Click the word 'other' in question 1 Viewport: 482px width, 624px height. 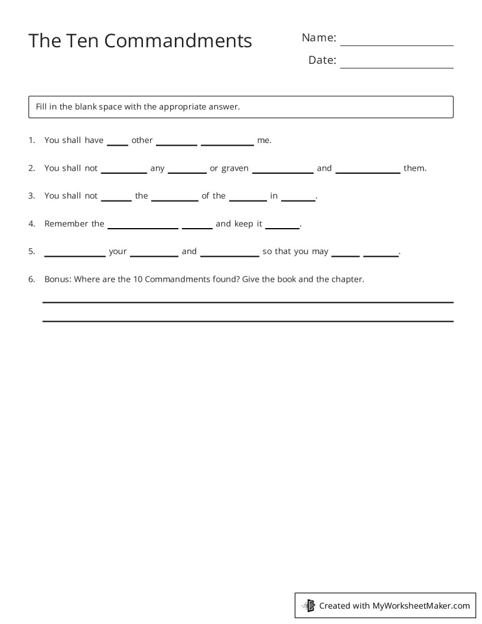click(142, 140)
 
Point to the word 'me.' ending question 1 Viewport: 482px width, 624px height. click(264, 140)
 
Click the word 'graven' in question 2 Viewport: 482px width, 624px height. click(235, 168)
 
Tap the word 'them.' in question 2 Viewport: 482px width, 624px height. click(415, 168)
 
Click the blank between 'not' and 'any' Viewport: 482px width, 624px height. click(123, 171)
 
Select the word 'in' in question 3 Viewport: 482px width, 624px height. click(274, 196)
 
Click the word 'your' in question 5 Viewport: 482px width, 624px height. click(118, 251)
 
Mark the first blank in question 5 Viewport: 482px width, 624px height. click(75, 255)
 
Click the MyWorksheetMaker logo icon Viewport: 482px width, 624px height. click(308, 605)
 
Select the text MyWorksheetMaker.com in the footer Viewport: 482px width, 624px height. click(421, 605)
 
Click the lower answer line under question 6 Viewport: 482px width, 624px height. click(247, 321)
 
